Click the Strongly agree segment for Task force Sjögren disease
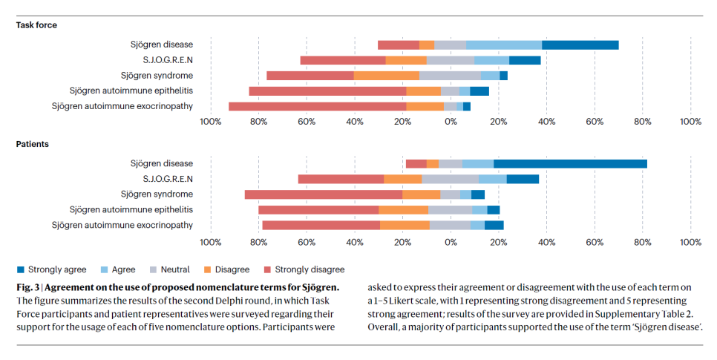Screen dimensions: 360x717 580,45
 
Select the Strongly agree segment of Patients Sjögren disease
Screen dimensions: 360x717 570,163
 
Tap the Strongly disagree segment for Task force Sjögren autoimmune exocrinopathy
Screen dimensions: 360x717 317,106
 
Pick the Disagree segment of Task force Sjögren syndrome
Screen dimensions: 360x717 386,76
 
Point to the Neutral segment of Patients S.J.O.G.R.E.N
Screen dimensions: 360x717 450,179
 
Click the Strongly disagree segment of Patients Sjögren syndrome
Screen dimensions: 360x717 323,194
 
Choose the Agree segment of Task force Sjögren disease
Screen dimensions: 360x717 503,45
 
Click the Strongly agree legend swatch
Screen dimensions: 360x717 20,269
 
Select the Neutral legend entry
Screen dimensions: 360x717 174,269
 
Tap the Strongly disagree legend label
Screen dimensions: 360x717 310,269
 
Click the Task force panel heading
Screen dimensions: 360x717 36,25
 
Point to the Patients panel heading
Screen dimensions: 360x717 32,144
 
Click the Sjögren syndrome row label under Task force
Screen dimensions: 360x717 157,76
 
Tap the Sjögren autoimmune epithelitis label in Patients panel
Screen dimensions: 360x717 131,210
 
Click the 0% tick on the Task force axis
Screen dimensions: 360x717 451,122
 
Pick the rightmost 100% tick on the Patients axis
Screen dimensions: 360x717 690,242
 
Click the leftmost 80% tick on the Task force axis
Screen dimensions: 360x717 258,122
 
